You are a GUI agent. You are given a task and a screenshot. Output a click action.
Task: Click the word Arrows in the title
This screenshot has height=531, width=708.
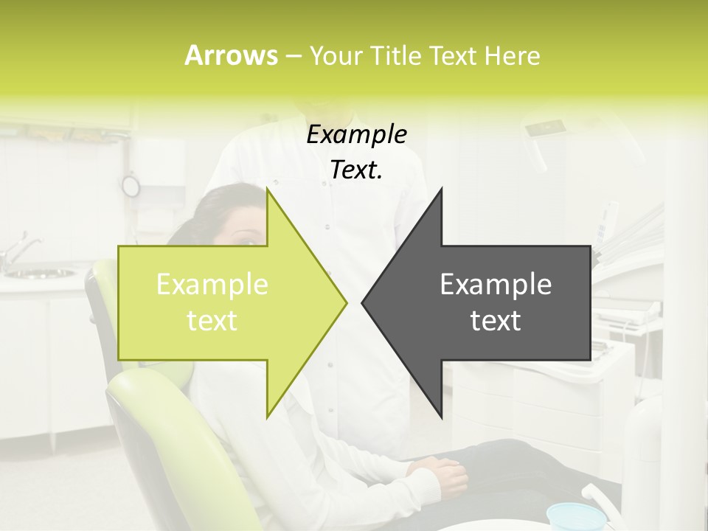[231, 55]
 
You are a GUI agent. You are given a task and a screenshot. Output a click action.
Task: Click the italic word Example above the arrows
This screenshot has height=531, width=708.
[357, 135]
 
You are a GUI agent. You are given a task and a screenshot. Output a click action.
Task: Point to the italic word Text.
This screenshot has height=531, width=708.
[357, 170]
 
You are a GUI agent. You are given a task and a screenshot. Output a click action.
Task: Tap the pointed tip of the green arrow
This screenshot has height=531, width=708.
[345, 302]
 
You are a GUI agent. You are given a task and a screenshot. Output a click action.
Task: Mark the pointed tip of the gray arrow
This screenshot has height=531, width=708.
[364, 302]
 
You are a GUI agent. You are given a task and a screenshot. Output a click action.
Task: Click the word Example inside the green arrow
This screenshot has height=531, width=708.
[212, 285]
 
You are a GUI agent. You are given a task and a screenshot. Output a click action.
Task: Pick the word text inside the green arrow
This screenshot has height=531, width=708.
[212, 320]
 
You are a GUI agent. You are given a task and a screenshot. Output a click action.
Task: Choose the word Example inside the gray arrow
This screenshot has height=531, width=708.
[496, 285]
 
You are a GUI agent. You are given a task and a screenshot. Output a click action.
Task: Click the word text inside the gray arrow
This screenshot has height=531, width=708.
[496, 320]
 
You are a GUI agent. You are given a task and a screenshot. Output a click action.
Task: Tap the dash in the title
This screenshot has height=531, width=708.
[293, 56]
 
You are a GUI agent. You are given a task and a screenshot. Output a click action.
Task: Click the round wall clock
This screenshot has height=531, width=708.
[131, 186]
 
